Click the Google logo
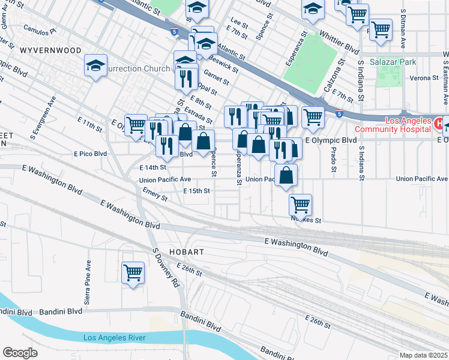coord(20,353)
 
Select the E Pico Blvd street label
coord(90,154)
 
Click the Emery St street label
coord(155,194)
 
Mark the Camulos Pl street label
coord(38,29)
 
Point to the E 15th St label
coord(196,191)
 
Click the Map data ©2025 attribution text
coord(423,355)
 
